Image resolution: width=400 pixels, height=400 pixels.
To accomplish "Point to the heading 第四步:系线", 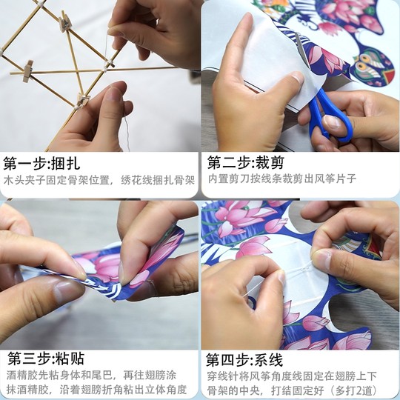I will [x=245, y=360].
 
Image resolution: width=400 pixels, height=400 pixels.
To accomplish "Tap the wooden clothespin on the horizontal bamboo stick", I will [x=27, y=71].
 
